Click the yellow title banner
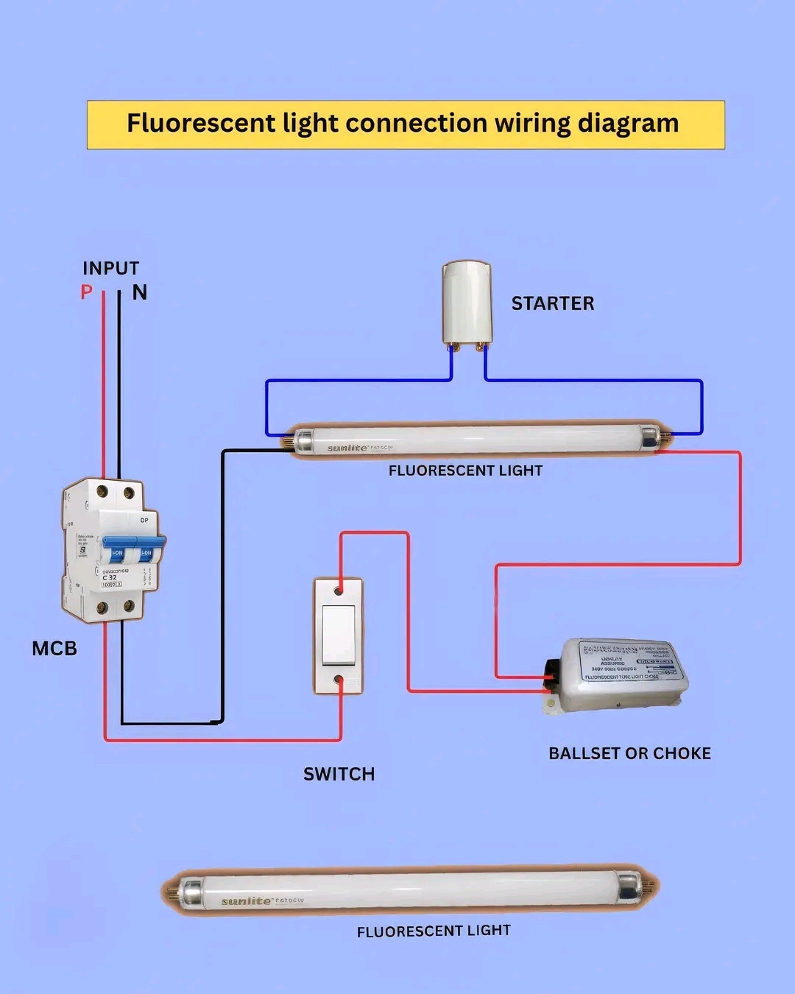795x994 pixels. click(x=406, y=124)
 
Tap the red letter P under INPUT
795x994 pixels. click(x=87, y=292)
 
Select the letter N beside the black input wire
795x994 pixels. click(x=140, y=293)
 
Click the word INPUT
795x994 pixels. click(x=110, y=268)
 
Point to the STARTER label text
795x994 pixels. click(x=553, y=303)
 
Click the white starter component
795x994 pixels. click(x=467, y=302)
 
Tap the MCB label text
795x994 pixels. click(x=54, y=649)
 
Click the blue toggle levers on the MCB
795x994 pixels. click(x=132, y=550)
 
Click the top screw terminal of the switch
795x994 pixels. click(x=339, y=591)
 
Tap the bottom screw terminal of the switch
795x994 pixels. click(x=339, y=680)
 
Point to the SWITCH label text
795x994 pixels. click(x=339, y=774)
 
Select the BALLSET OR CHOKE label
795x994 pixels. click(x=630, y=753)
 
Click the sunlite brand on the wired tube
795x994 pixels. click(x=347, y=448)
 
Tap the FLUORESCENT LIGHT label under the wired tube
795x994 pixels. click(x=465, y=470)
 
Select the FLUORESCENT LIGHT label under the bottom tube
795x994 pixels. click(x=434, y=931)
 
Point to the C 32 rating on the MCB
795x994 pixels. click(x=109, y=577)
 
